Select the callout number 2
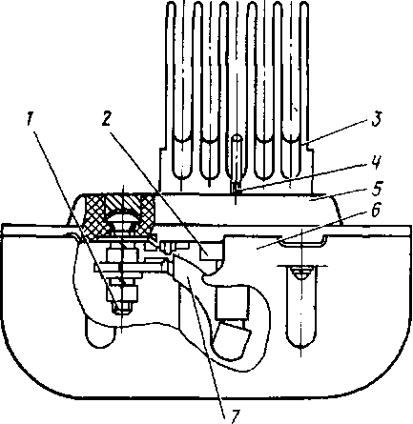(107, 119)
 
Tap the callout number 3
(377, 120)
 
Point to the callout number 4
(375, 162)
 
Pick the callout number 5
(377, 189)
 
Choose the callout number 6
(376, 210)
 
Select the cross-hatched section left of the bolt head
(93, 216)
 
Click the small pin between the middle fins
(236, 162)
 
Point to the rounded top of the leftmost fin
(172, 7)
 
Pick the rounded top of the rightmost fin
(304, 7)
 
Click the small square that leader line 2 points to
(208, 252)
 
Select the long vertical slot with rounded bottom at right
(300, 307)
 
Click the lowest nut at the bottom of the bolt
(123, 309)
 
